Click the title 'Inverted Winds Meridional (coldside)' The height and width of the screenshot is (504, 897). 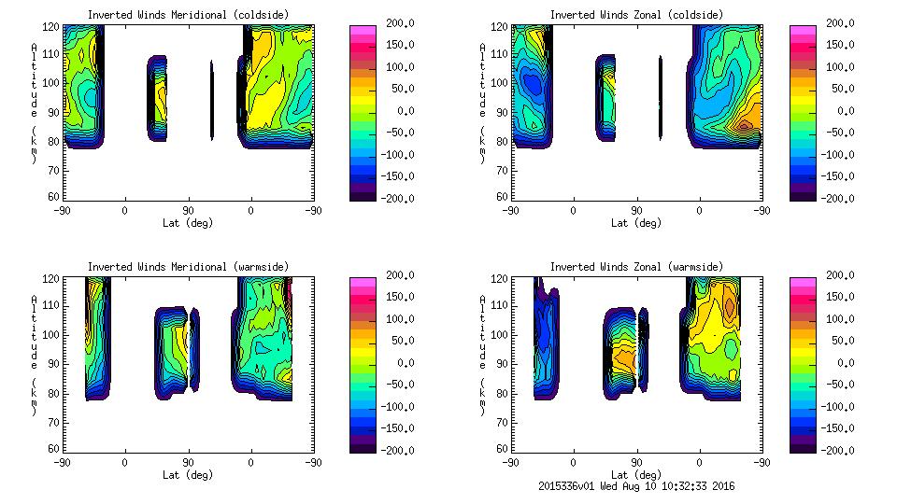tap(189, 15)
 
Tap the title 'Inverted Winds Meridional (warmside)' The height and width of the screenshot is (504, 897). tap(189, 267)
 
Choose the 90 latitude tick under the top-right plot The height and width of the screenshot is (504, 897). tap(636, 210)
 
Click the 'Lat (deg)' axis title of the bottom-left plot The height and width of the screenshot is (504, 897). tap(188, 474)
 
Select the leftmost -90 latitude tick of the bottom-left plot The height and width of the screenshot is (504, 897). tap(62, 462)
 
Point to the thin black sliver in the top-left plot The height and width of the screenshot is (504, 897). tap(211, 101)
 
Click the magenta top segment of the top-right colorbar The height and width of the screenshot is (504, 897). tap(803, 30)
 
